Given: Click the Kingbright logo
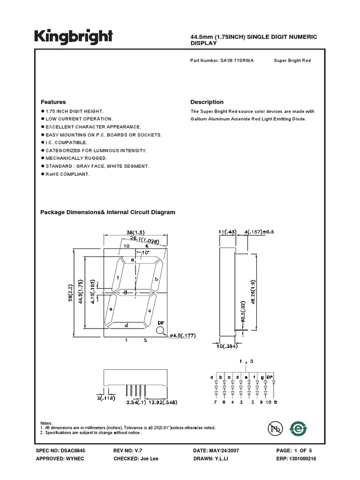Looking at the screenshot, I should click(74, 37).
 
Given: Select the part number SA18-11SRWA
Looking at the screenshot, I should click(237, 61).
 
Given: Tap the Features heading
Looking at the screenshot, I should click(53, 102).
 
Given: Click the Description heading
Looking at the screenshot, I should click(207, 102).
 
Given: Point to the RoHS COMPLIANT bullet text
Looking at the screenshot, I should click(67, 174).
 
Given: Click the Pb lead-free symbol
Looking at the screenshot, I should click(276, 428).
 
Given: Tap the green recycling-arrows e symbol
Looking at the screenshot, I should click(298, 428).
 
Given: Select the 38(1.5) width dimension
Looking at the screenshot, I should click(135, 232).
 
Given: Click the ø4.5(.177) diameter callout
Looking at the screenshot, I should click(180, 335).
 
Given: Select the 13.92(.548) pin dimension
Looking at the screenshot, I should click(161, 402).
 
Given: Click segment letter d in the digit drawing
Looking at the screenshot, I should click(127, 324).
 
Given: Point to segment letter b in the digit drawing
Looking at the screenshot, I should click(156, 279).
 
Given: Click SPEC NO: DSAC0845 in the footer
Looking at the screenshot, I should click(60, 450).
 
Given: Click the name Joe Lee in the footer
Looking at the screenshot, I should click(149, 458).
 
